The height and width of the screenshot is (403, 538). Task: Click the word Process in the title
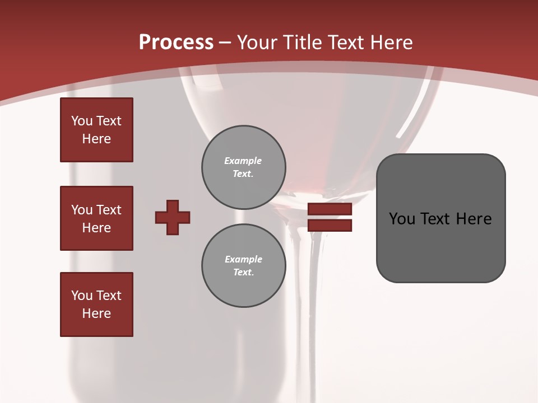pyautogui.click(x=176, y=43)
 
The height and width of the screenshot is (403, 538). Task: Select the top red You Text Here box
pyautogui.click(x=96, y=130)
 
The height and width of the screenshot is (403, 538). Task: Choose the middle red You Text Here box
pyautogui.click(x=96, y=218)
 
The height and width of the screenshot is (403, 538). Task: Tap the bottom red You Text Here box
pyautogui.click(x=96, y=304)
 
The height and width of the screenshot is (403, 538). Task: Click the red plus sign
pyautogui.click(x=173, y=217)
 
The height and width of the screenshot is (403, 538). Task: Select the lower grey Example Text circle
pyautogui.click(x=243, y=265)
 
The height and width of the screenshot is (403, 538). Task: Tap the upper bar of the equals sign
pyautogui.click(x=330, y=209)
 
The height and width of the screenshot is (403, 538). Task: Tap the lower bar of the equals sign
pyautogui.click(x=330, y=225)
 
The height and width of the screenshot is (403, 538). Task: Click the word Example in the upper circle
pyautogui.click(x=243, y=161)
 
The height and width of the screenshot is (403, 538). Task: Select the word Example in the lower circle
pyautogui.click(x=243, y=259)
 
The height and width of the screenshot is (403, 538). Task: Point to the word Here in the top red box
pyautogui.click(x=96, y=139)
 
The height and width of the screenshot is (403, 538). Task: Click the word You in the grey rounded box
pyautogui.click(x=402, y=219)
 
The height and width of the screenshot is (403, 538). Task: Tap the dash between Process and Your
pyautogui.click(x=225, y=43)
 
